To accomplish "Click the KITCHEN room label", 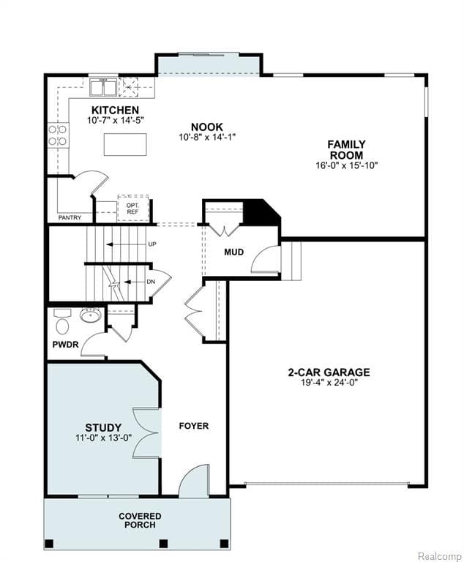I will coord(115,110).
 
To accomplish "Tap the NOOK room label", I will coord(207,127).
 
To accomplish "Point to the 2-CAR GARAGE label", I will coord(329,372).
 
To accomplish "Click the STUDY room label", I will coord(103,428).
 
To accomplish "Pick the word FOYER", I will coord(194,426).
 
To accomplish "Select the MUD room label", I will coord(234,252).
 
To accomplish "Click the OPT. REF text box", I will coord(132,208).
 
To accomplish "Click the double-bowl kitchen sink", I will coord(104,89).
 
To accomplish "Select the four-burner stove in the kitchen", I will coord(58,135).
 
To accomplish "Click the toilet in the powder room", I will coord(62,323).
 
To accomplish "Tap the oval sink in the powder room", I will coord(91,315).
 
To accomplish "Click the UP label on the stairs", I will coord(151,244).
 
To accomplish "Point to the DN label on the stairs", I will coord(150,281).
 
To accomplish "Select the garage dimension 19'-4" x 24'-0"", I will coord(329,382).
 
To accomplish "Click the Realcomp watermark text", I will coord(439,554).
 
